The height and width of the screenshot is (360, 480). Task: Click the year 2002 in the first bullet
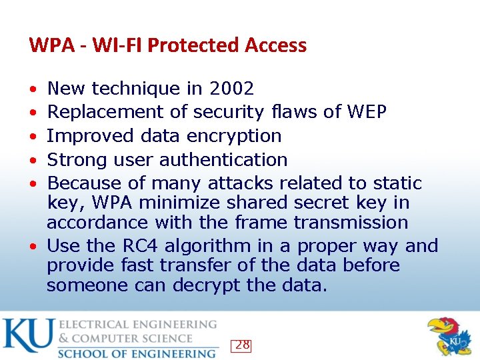(x=231, y=89)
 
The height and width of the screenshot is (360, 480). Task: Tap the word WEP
(x=367, y=112)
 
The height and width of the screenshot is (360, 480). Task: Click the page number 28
(x=242, y=345)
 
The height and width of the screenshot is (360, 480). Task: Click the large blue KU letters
(x=28, y=336)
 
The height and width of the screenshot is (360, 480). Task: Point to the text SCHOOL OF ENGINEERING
(x=137, y=353)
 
